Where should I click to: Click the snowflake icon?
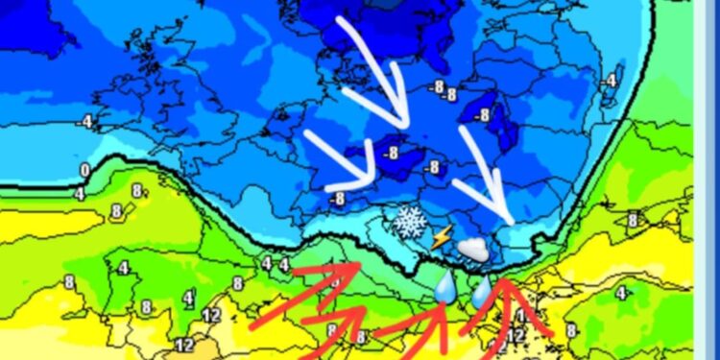point(410,222)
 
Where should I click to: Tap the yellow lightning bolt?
point(441,236)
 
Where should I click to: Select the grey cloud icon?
point(472,250)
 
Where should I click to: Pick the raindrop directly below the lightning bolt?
point(444,286)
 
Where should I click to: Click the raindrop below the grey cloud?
point(481,292)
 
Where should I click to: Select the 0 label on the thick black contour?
point(84,171)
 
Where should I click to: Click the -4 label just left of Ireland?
point(87,121)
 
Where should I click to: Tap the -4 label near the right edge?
point(611,81)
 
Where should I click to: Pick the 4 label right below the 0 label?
point(81,194)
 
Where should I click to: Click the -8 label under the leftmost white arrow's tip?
point(337,199)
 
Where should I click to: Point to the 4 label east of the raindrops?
point(622,293)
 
